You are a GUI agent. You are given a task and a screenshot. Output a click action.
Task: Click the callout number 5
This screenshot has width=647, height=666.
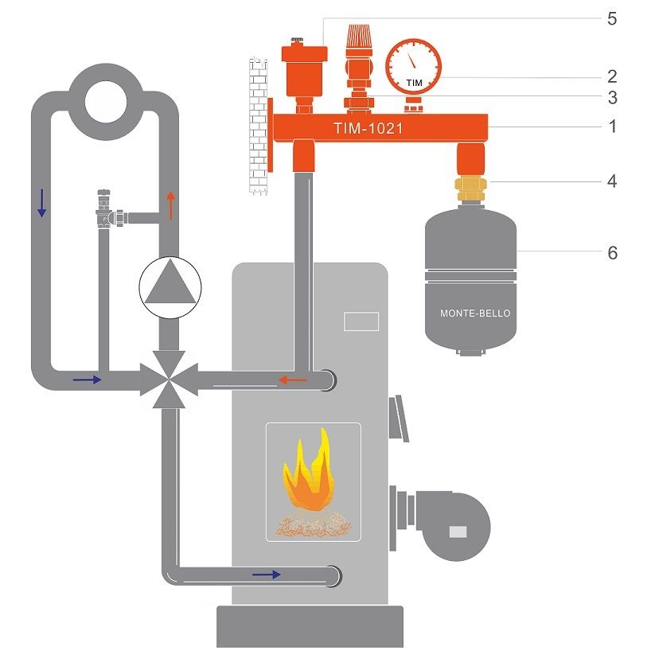click(x=612, y=18)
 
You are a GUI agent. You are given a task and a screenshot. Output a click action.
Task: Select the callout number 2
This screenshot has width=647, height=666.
click(x=612, y=76)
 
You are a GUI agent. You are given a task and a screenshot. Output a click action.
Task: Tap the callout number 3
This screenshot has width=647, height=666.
click(x=612, y=98)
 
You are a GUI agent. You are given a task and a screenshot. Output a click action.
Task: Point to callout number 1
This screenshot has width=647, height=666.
click(x=612, y=127)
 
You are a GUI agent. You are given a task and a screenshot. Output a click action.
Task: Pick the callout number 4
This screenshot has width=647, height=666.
click(x=612, y=181)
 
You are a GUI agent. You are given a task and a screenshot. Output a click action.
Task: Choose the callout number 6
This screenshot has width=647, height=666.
click(x=612, y=253)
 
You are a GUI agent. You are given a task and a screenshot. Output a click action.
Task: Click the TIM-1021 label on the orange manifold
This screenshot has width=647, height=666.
click(x=368, y=128)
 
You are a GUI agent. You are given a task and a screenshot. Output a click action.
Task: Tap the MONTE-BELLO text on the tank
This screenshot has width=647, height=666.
click(x=475, y=314)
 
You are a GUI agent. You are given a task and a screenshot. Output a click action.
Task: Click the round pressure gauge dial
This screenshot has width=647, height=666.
click(x=414, y=66)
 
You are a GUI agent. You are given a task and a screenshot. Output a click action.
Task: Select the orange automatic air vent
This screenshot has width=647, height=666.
click(x=304, y=75)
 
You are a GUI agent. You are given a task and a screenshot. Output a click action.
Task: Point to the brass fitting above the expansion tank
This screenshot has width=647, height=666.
click(x=470, y=189)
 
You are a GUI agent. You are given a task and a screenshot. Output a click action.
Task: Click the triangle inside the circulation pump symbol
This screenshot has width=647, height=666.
click(x=170, y=282)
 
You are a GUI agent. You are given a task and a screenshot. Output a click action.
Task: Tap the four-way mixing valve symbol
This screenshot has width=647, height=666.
click(x=169, y=380)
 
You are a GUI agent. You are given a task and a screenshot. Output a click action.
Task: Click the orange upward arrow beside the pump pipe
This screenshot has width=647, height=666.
click(x=171, y=205)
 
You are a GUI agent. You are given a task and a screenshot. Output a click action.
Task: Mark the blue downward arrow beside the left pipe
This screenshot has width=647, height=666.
click(x=41, y=203)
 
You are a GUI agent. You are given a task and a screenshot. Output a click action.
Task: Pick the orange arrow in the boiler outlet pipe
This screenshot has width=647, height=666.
click(x=293, y=380)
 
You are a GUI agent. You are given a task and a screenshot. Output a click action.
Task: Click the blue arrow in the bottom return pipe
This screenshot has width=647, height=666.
click(x=267, y=574)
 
